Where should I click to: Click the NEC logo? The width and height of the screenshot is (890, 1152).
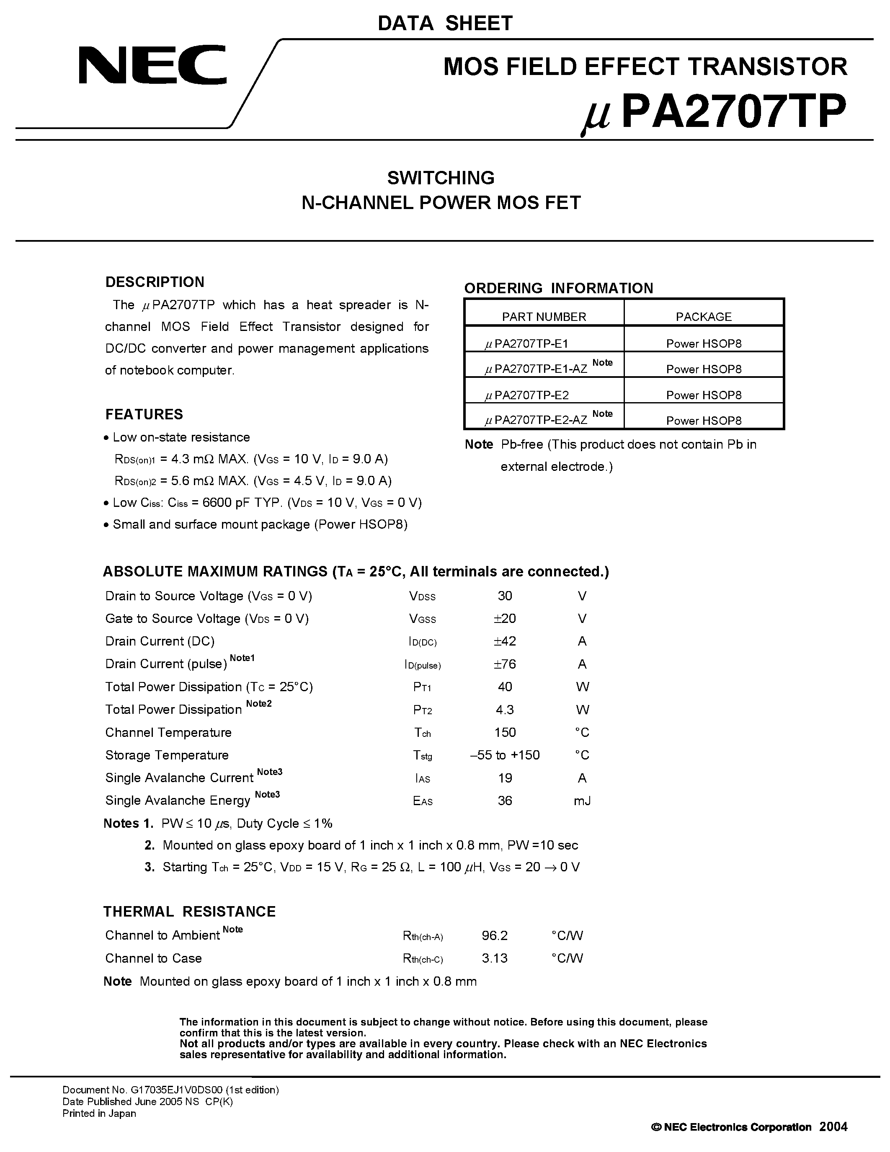(152, 65)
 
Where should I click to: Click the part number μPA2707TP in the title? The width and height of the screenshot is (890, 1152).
(714, 112)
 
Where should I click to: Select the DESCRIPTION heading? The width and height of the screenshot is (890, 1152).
(155, 282)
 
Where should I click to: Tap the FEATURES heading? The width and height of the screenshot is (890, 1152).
(144, 415)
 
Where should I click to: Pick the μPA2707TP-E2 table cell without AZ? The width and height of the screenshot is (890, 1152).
(527, 395)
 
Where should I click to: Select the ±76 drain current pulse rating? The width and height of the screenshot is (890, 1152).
(505, 664)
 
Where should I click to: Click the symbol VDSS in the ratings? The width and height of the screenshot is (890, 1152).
(422, 597)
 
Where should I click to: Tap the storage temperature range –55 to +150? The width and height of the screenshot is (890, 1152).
(505, 755)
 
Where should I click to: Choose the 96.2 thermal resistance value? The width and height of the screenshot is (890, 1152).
(495, 936)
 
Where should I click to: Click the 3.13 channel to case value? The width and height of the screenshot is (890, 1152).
(495, 958)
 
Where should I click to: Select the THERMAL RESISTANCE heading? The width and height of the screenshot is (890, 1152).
(189, 912)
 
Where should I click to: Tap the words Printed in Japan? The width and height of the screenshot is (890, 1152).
(99, 1113)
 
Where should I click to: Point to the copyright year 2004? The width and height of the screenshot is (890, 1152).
(833, 1127)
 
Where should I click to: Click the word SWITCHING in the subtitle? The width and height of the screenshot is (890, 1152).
(441, 178)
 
